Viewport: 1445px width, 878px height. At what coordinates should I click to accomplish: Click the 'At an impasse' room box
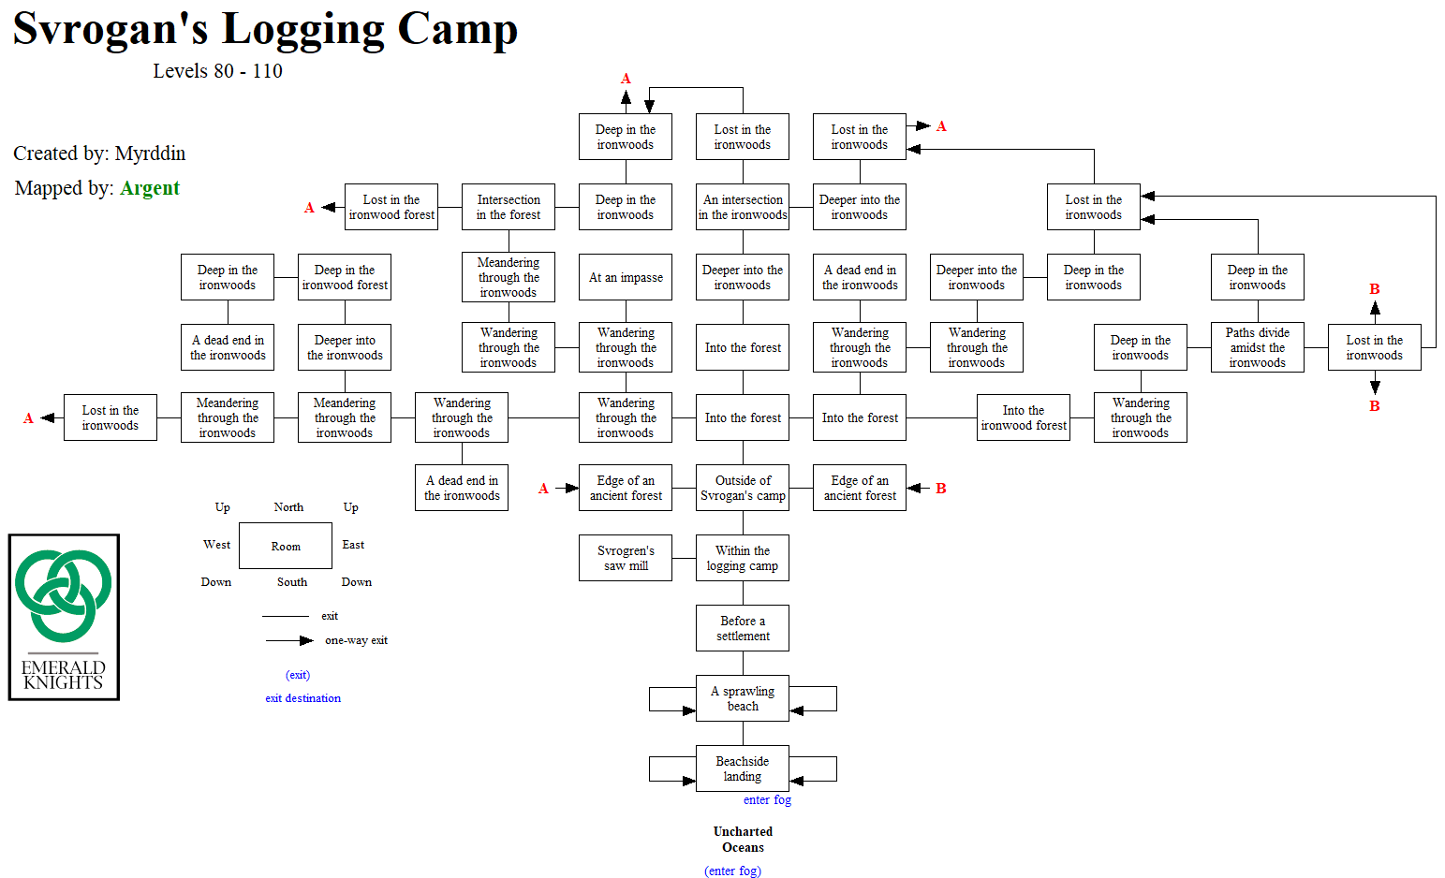(626, 277)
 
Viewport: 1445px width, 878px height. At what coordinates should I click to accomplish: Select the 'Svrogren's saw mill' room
(626, 558)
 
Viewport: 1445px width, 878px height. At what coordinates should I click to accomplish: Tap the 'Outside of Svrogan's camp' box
(743, 488)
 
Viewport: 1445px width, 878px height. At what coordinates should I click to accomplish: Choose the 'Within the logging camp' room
(743, 558)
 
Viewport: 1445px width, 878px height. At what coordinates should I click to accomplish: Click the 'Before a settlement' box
(743, 628)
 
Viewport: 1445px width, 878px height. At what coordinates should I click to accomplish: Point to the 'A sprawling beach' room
(743, 698)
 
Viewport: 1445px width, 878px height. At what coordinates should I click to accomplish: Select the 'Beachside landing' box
(743, 768)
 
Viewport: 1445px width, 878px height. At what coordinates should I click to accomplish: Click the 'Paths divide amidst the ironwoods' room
(1257, 347)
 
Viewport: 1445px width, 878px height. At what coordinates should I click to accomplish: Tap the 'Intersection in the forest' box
(509, 207)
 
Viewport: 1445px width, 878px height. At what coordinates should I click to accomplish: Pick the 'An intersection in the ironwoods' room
(743, 207)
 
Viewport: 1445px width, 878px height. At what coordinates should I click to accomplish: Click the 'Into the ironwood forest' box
(1023, 417)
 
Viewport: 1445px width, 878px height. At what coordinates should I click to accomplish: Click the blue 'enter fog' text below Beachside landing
(767, 800)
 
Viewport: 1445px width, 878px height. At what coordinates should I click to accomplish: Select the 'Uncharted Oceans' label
(743, 839)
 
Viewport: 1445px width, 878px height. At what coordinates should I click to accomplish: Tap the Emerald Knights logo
(64, 617)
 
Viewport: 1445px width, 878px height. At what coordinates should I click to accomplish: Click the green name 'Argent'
(150, 188)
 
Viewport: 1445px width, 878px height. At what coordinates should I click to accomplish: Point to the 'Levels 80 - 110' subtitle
(217, 71)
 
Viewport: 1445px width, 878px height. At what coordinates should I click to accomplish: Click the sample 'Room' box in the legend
(286, 546)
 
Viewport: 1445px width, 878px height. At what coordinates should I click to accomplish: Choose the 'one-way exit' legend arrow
(289, 640)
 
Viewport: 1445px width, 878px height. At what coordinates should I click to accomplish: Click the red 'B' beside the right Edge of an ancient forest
(941, 489)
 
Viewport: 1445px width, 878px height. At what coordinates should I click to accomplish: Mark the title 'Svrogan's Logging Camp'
(265, 28)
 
